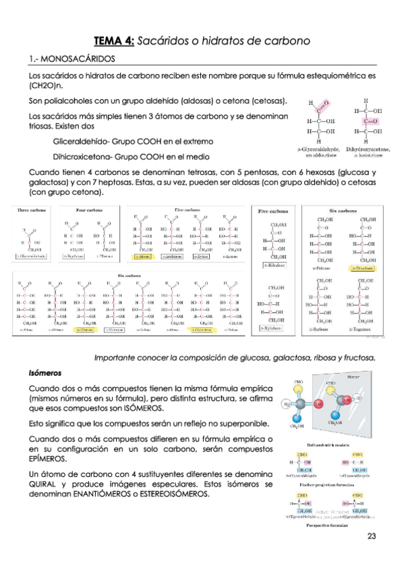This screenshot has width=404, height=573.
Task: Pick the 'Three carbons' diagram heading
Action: tap(32, 210)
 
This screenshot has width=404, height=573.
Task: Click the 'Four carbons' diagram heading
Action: tap(90, 210)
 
